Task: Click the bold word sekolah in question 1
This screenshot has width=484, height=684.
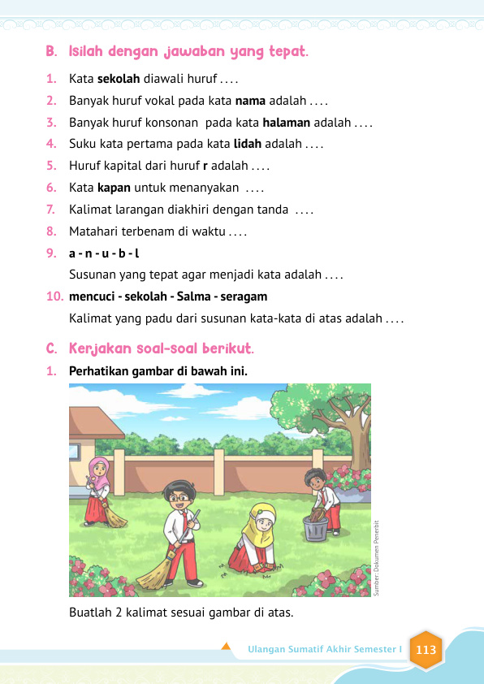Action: point(119,80)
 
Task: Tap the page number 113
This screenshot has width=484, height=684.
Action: point(426,650)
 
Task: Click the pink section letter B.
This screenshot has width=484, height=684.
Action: point(51,53)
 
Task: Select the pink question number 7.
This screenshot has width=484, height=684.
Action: point(51,210)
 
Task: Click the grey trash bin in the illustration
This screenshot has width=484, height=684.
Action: point(315,529)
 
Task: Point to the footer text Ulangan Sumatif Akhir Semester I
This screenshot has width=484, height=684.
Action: point(325,650)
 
